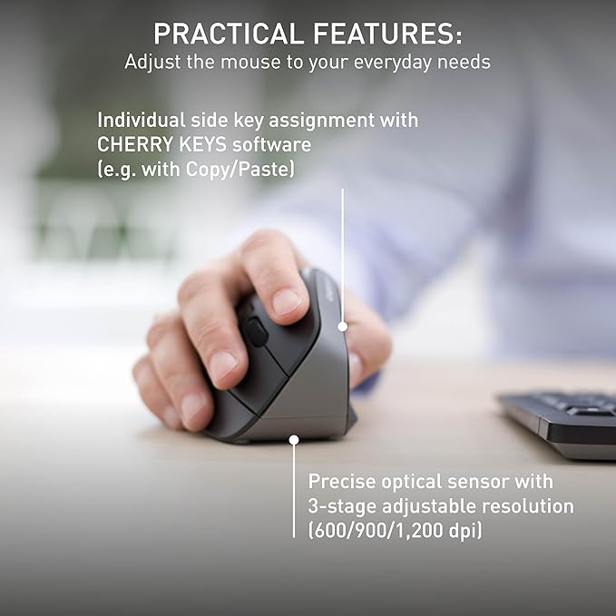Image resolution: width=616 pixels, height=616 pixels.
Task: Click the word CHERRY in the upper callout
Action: (x=134, y=144)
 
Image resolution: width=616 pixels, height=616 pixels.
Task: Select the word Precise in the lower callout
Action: (x=343, y=481)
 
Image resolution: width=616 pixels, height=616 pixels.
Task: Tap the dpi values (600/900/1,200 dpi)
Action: (x=395, y=530)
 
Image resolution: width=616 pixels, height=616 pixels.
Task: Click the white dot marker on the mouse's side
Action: (x=343, y=326)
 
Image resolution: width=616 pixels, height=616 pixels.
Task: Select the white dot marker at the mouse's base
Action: (x=293, y=439)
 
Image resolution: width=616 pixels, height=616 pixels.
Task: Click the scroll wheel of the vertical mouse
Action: (x=257, y=333)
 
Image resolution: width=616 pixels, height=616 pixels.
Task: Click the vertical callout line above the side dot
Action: (x=343, y=254)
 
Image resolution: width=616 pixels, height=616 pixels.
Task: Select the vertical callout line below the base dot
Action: (x=293, y=490)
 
